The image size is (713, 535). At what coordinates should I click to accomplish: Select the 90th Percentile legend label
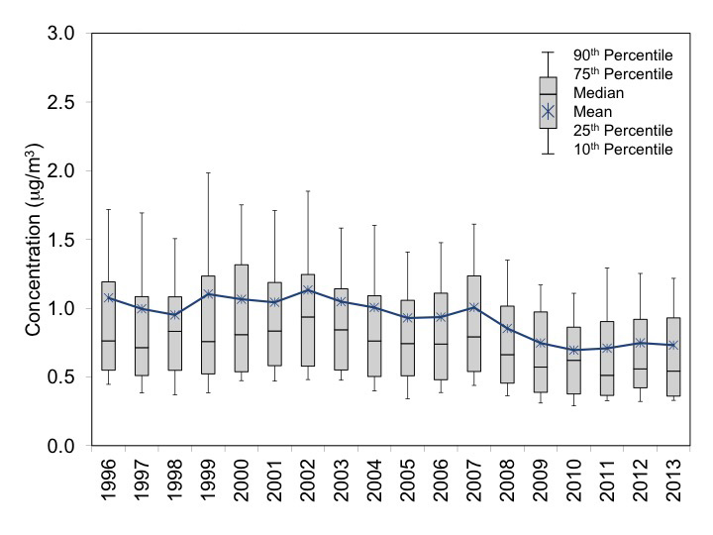(x=623, y=54)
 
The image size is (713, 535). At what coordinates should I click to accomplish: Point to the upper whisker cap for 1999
(x=208, y=173)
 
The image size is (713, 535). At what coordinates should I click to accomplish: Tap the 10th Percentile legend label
(x=623, y=150)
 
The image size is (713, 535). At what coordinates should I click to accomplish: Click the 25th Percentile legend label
(x=623, y=131)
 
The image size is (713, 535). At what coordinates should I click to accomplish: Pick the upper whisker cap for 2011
(x=606, y=267)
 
